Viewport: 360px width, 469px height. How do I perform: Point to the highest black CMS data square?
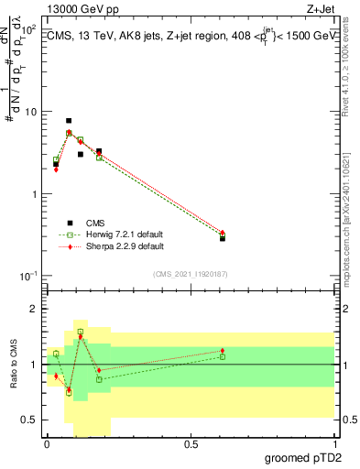(x=69, y=121)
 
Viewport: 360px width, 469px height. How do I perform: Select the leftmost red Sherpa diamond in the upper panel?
(x=56, y=169)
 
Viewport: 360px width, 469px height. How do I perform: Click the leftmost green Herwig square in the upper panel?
(x=56, y=160)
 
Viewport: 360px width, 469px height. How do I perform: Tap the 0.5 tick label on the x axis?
(x=191, y=444)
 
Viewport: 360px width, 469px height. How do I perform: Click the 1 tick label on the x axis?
(x=333, y=444)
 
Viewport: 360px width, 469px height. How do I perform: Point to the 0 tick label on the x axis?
(x=47, y=444)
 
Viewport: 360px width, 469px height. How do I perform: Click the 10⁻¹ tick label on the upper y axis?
(x=27, y=276)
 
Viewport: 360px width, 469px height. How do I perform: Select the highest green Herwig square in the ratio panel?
(x=81, y=332)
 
